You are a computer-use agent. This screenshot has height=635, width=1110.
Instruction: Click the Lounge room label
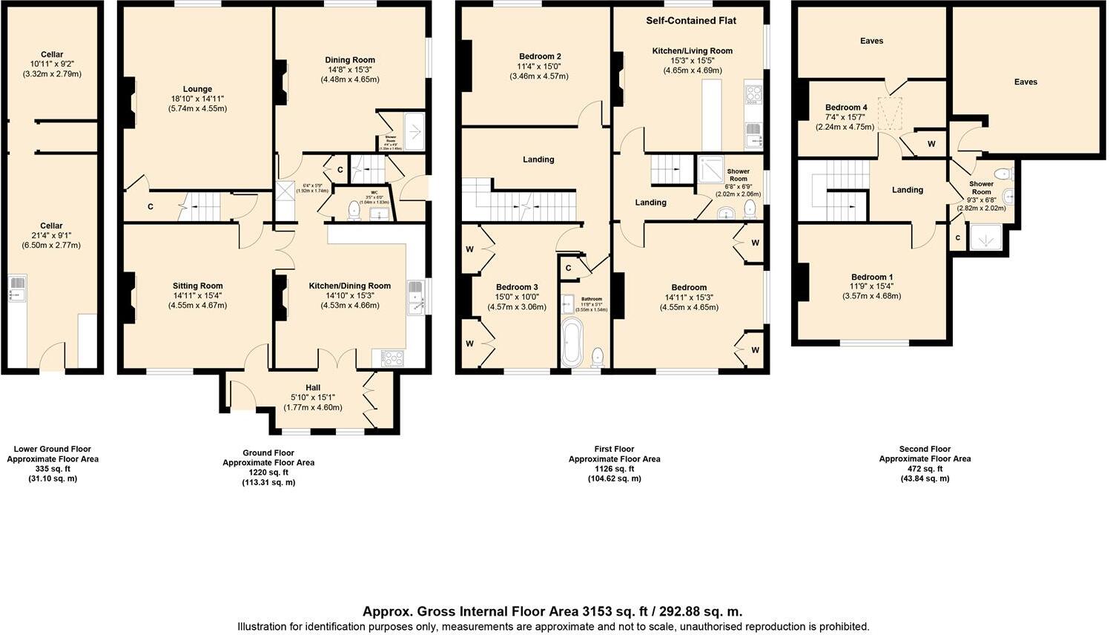197,89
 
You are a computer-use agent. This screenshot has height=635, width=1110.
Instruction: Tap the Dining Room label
350,60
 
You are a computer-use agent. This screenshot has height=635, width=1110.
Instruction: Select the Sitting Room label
197,286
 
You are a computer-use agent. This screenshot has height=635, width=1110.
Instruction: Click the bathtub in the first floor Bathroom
572,342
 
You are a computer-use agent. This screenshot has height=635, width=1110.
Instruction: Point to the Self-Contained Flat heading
690,21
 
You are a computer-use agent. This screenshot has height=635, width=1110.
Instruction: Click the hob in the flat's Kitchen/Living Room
753,93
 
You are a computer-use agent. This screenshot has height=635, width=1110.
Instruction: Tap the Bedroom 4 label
846,108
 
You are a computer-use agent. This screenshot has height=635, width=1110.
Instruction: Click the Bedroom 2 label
539,56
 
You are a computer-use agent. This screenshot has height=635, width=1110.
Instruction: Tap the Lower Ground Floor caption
52,449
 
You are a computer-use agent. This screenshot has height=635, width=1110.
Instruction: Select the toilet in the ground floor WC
354,210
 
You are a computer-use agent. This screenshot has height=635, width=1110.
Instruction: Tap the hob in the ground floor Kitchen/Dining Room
392,358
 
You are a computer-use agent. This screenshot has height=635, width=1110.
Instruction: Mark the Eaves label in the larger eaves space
1025,82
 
